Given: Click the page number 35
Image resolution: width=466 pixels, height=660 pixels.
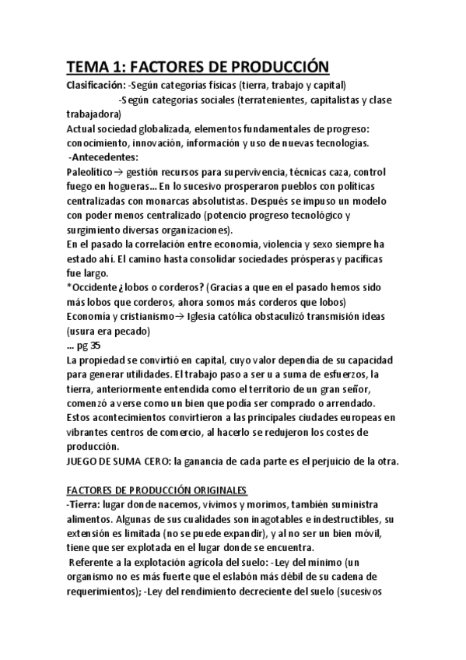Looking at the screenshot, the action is (95, 345).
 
